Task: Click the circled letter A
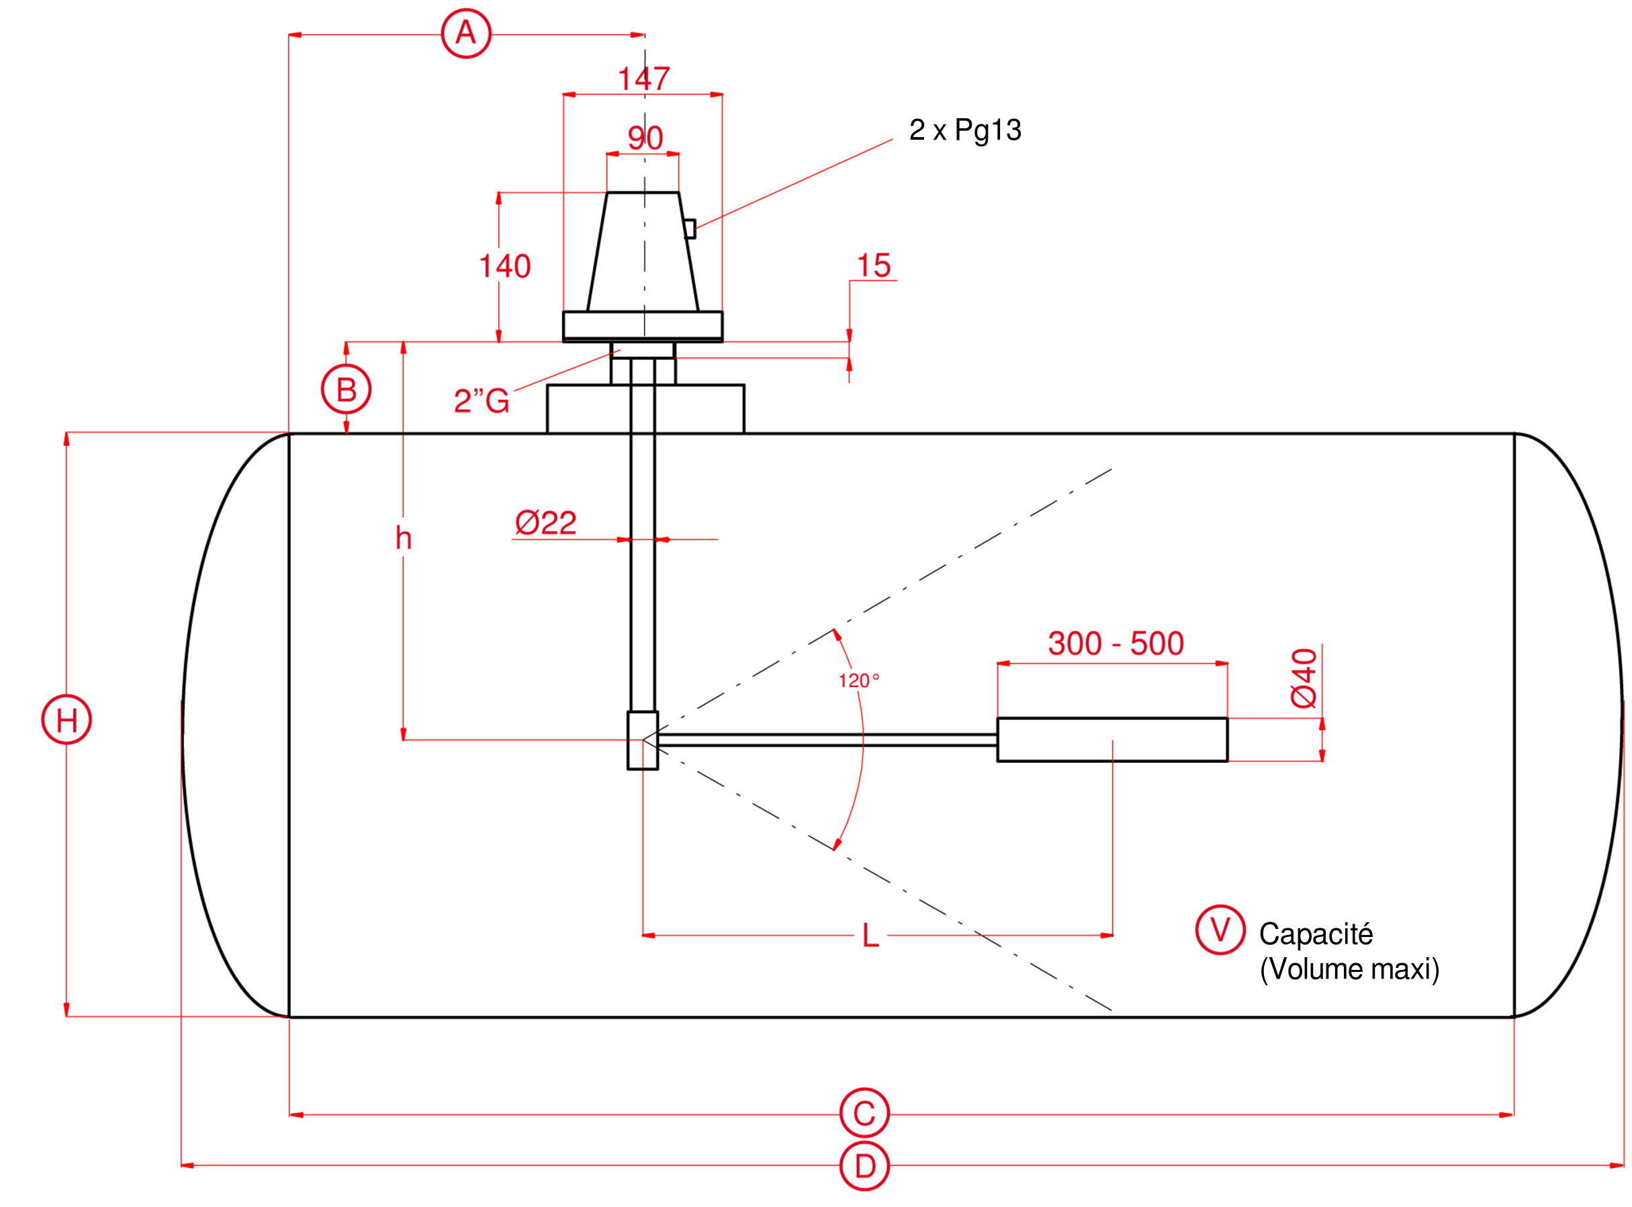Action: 466,34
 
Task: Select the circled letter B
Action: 347,390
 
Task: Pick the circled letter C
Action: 864,1114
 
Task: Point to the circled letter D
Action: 864,1166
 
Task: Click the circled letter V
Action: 1220,930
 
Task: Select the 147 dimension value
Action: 643,79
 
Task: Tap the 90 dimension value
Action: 645,138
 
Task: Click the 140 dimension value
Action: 504,267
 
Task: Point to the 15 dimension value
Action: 874,266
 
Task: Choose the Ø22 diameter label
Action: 546,523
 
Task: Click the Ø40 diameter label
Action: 1304,678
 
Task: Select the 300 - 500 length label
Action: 1116,643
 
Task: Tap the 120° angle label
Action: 858,681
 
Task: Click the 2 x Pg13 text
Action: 965,130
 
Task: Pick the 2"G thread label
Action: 482,401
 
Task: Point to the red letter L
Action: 870,936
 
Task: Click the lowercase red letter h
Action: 403,539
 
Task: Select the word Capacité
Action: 1316,934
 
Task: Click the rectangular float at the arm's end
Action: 1112,740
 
